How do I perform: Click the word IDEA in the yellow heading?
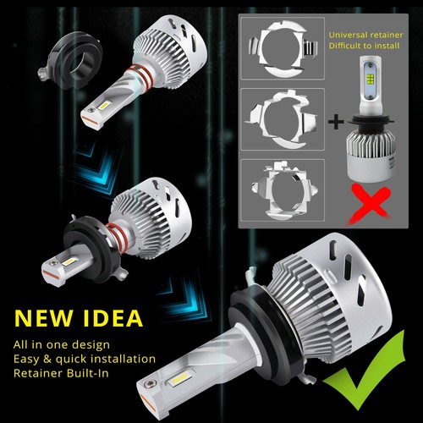click(x=115, y=319)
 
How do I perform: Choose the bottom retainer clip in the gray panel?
click(x=279, y=190)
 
